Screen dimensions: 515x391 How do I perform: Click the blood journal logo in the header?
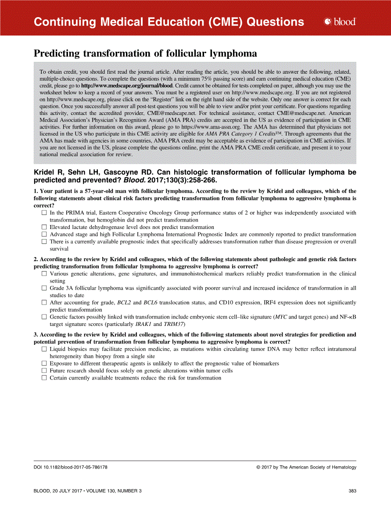point(339,21)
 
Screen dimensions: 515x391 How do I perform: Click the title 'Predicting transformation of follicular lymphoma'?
point(145,54)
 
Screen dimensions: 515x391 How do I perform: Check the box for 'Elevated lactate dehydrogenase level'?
point(44,227)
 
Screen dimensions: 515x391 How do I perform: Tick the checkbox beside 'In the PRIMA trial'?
point(44,213)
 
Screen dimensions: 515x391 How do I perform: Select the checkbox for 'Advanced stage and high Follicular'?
point(44,234)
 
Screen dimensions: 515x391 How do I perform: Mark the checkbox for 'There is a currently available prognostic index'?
point(44,242)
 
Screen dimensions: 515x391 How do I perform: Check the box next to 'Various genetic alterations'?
point(44,274)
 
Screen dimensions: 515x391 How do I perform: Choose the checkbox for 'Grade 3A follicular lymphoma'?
point(44,288)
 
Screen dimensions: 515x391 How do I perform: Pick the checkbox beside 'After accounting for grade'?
point(44,303)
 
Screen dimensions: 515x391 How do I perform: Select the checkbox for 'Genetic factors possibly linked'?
point(44,317)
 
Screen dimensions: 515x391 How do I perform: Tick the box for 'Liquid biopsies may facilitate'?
point(44,349)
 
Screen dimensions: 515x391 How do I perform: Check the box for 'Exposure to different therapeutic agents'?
point(44,363)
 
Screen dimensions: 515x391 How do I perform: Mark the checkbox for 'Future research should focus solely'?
point(44,371)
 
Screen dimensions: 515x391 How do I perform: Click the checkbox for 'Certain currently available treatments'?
point(44,378)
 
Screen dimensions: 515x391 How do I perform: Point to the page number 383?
point(352,491)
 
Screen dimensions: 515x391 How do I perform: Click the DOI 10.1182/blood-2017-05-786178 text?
point(71,467)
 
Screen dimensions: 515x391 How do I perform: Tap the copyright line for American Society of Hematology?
point(306,467)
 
